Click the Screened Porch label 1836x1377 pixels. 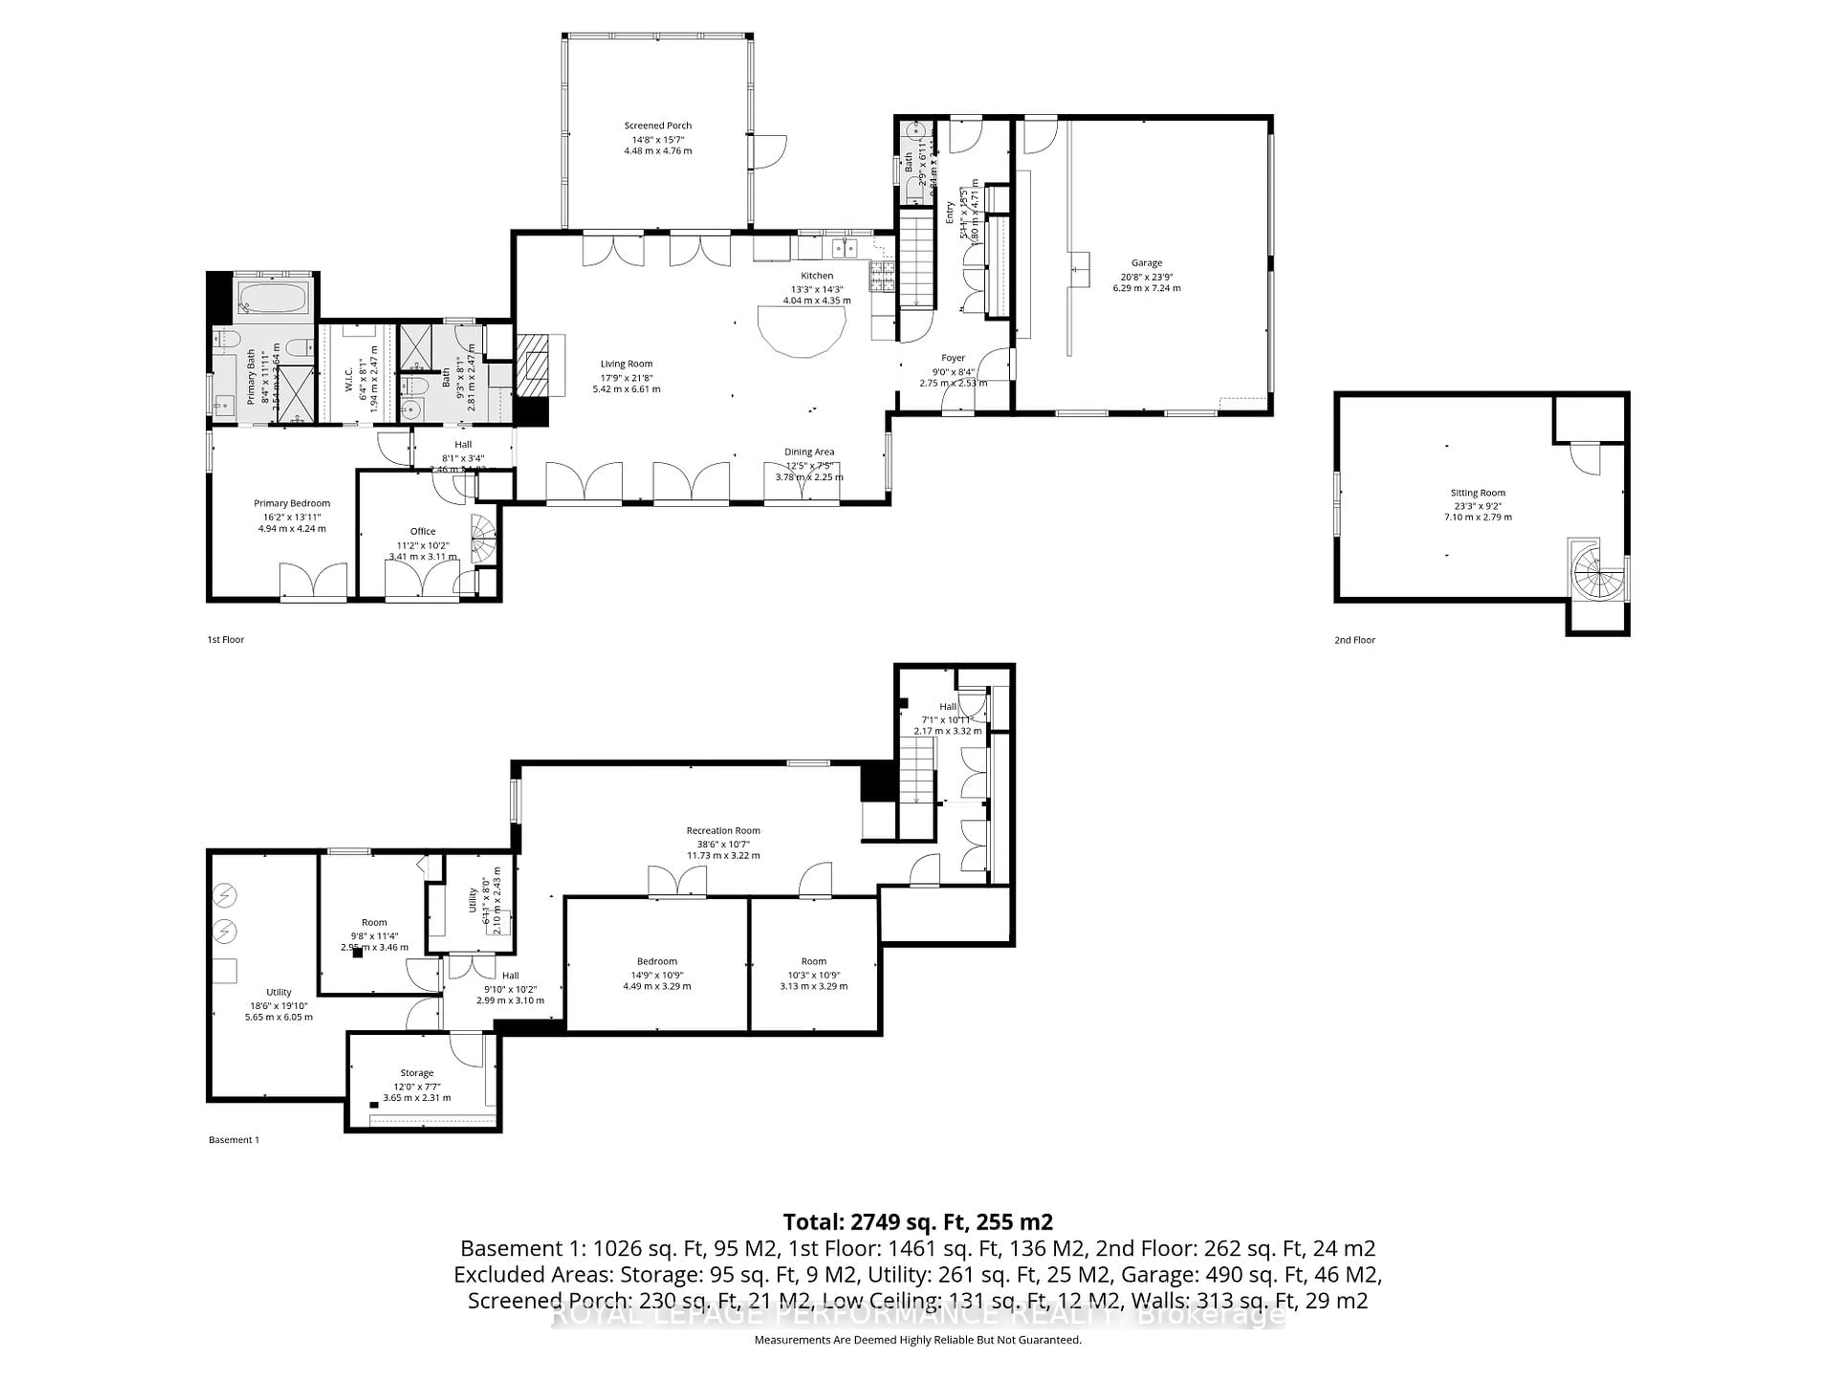tap(657, 125)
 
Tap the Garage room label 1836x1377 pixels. tap(1146, 262)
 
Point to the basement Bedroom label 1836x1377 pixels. tap(656, 961)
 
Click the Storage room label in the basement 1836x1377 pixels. tap(416, 1072)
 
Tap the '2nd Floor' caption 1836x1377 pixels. tap(1355, 640)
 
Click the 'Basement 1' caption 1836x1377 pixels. tap(233, 1140)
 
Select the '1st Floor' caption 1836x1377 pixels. tap(226, 639)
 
